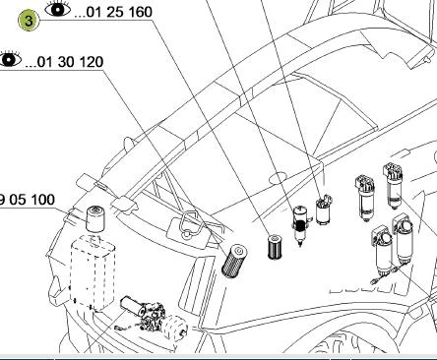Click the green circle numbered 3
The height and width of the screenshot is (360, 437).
click(29, 21)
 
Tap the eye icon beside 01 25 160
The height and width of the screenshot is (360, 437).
click(58, 9)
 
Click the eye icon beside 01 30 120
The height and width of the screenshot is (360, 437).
click(9, 60)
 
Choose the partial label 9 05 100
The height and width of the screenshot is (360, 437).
click(27, 200)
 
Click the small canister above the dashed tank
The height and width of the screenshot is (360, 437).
click(94, 218)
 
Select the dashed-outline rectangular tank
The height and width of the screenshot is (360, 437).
click(93, 273)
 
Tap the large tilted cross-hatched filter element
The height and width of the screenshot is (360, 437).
click(234, 261)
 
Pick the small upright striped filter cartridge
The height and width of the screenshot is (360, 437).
click(275, 247)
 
